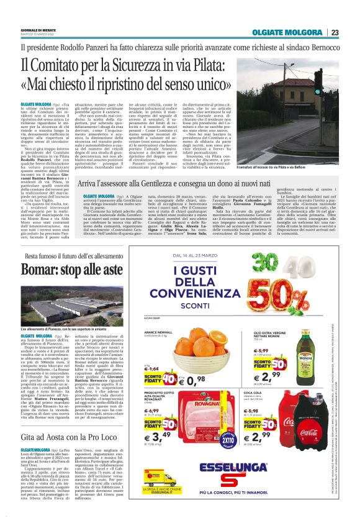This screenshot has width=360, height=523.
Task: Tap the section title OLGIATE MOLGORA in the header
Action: (288, 32)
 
